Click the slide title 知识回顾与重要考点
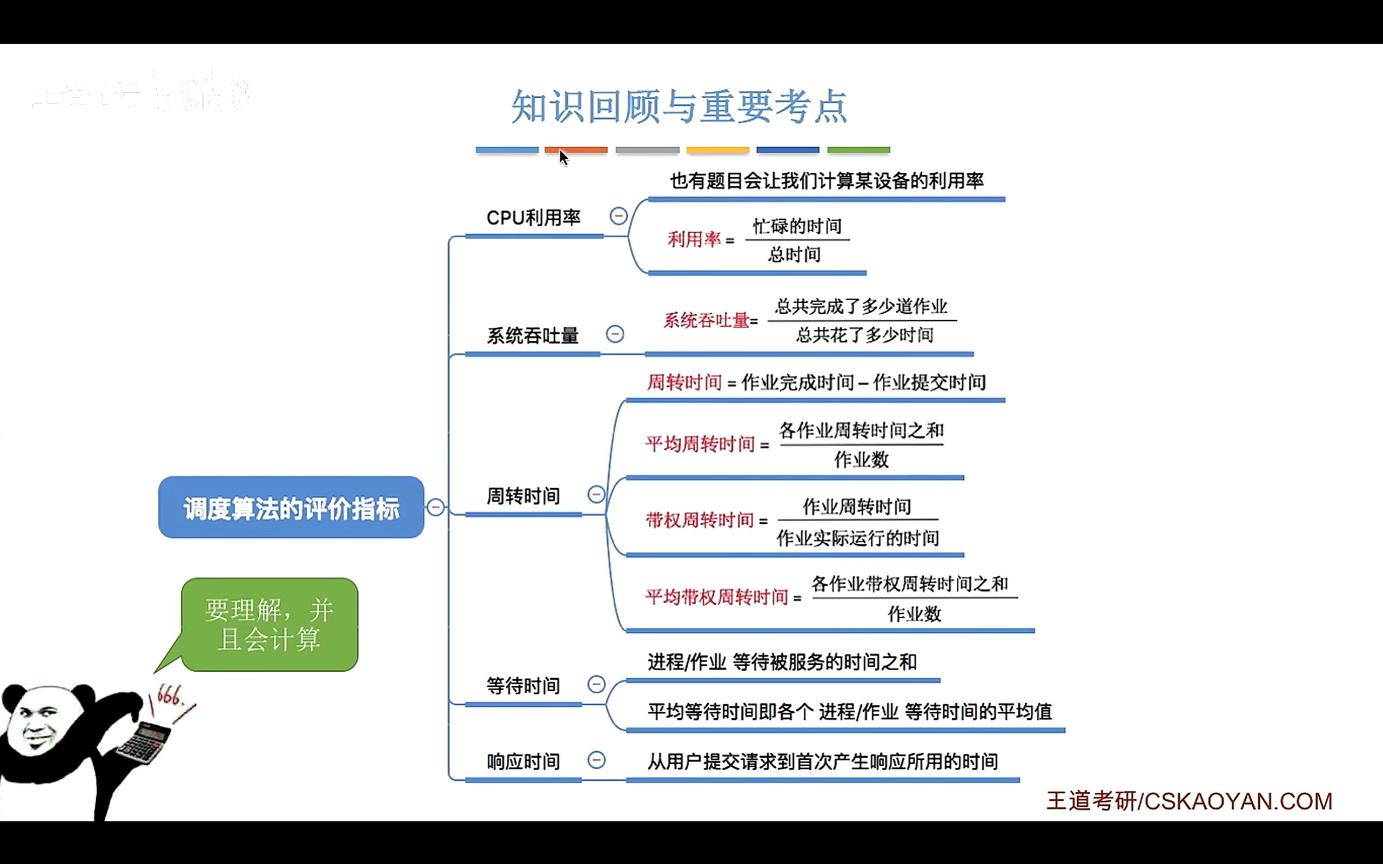(x=679, y=107)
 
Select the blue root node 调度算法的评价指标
(x=291, y=508)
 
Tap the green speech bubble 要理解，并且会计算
(x=270, y=624)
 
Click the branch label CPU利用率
(x=533, y=218)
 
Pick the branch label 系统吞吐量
(x=533, y=335)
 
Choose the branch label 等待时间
(x=523, y=685)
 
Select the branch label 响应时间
(x=523, y=761)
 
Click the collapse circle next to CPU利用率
(x=619, y=216)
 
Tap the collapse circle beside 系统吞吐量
(x=615, y=334)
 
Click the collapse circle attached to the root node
(x=435, y=507)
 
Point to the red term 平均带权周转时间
(x=717, y=597)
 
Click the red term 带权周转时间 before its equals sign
(x=700, y=520)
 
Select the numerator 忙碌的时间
(x=797, y=226)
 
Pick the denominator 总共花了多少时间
(x=864, y=335)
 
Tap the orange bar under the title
(x=576, y=150)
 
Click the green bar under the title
(x=858, y=150)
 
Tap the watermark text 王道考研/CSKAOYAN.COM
(x=1189, y=801)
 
